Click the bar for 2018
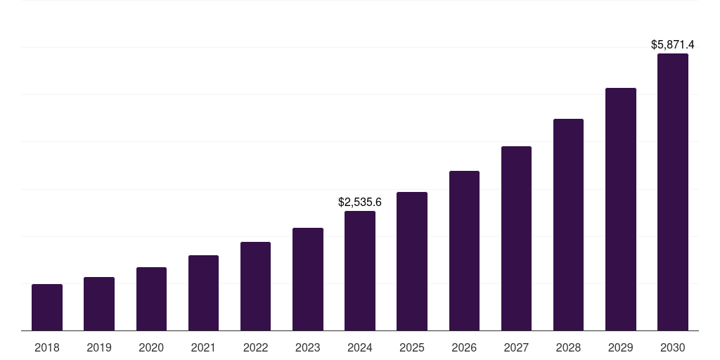click(x=47, y=307)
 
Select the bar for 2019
click(x=99, y=304)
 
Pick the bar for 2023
click(x=308, y=279)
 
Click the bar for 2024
click(x=360, y=271)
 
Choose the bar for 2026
click(x=464, y=250)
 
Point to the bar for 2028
click(x=568, y=224)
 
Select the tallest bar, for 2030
click(x=673, y=192)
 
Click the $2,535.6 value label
click(x=360, y=202)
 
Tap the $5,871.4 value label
click(x=673, y=45)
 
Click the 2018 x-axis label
click(x=47, y=348)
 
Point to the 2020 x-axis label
click(x=151, y=348)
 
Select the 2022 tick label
click(x=255, y=348)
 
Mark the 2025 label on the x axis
click(x=412, y=348)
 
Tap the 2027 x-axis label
click(x=516, y=348)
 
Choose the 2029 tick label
click(x=620, y=348)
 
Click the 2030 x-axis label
click(x=673, y=348)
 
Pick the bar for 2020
click(x=151, y=299)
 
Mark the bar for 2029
click(x=621, y=209)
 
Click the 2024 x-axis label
click(x=360, y=348)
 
